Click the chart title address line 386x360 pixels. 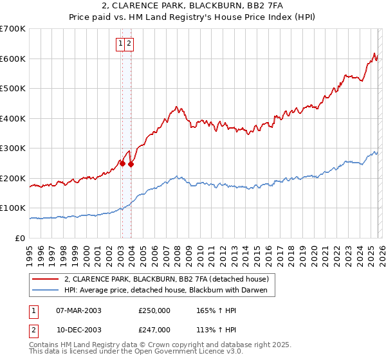click(193, 6)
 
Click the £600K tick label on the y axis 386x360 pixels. click(13, 59)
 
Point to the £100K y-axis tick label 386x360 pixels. click(13, 208)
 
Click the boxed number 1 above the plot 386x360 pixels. click(120, 44)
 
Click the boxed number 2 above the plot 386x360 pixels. click(129, 44)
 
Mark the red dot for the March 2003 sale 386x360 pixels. click(122, 163)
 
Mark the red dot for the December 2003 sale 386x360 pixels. click(131, 164)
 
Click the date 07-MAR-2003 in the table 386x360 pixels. click(79, 310)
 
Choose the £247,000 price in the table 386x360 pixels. click(154, 330)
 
